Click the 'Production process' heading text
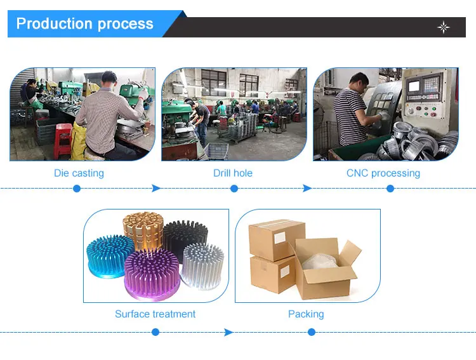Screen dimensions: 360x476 [84, 24]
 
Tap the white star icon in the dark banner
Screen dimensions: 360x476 [444, 27]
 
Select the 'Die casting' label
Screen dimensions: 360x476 [79, 173]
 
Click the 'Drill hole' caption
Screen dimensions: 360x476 [233, 173]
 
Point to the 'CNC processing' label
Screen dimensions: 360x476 [383, 173]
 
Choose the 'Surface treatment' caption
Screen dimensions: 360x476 [155, 314]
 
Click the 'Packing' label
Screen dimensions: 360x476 [306, 314]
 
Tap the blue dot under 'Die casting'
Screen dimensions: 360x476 [77, 189]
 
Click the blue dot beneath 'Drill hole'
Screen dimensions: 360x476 [234, 189]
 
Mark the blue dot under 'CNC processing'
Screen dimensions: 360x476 [390, 189]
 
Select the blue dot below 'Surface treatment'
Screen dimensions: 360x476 [155, 332]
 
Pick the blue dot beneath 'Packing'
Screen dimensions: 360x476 [311, 332]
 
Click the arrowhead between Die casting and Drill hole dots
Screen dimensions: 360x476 [156, 189]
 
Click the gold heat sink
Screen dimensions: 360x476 [142, 229]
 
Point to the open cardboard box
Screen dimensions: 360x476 [324, 267]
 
